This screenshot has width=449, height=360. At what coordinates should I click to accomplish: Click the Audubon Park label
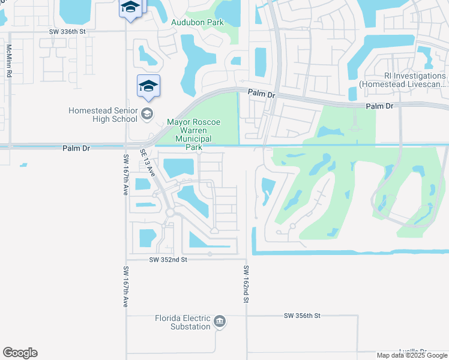(197, 22)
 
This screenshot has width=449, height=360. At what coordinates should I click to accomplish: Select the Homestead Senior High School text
(103, 115)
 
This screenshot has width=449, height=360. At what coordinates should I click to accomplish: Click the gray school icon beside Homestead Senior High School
(147, 114)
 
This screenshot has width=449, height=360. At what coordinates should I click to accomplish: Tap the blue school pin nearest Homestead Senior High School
(148, 87)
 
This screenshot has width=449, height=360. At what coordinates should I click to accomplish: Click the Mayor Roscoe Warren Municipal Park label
(193, 134)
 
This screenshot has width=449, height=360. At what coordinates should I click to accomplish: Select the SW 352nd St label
(169, 259)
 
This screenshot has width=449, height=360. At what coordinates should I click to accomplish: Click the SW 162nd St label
(246, 283)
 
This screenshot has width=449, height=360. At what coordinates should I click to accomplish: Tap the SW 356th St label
(303, 315)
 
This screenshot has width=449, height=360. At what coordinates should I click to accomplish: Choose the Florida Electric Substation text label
(182, 322)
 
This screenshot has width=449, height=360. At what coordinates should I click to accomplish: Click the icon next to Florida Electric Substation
(220, 322)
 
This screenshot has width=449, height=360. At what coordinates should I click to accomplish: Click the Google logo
(20, 353)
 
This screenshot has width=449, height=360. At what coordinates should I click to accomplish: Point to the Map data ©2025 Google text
(412, 355)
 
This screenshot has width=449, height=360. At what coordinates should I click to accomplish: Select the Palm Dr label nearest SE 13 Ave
(76, 148)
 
